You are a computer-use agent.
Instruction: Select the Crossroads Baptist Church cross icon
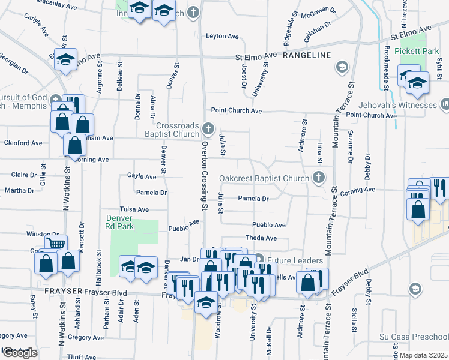click(208, 128)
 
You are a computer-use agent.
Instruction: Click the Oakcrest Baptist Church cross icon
click(318, 178)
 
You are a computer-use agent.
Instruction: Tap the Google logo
click(20, 353)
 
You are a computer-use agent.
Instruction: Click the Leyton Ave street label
click(223, 36)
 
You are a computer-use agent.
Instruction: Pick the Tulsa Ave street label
click(134, 209)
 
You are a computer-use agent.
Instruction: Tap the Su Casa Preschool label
click(415, 337)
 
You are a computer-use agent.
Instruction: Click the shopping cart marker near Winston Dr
click(56, 244)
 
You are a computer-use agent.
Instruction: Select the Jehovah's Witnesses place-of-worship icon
click(445, 105)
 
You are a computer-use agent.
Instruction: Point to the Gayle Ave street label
click(142, 176)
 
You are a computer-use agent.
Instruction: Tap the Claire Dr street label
click(24, 175)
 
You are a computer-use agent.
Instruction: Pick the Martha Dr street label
click(20, 191)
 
